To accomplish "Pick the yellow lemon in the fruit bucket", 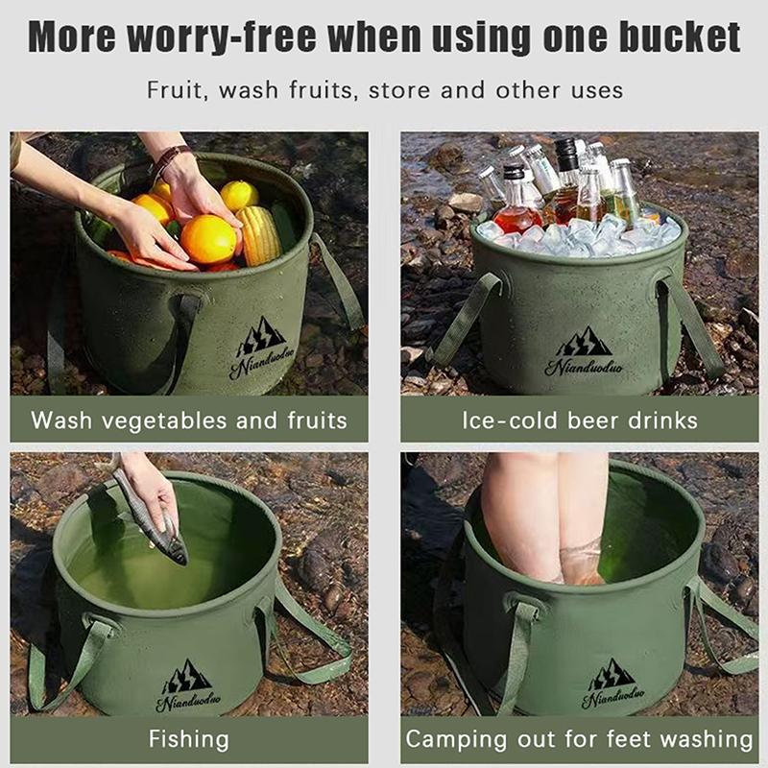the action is point(239,196).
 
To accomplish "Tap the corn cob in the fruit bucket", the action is point(258,234).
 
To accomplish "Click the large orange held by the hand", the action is point(208,239).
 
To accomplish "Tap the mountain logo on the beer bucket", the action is point(584,341).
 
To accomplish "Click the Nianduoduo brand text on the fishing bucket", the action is point(188,702).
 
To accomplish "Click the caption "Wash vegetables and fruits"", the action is point(189,420).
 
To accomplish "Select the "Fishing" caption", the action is point(189,739).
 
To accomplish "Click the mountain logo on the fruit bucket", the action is point(262,335).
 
